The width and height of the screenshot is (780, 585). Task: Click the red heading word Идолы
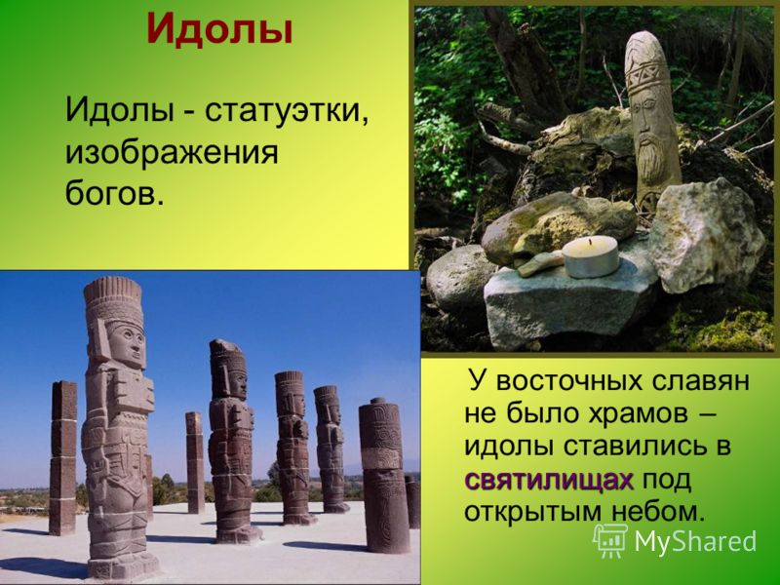click(x=219, y=30)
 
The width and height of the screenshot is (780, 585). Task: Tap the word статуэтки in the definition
click(x=288, y=111)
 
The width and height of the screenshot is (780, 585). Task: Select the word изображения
click(x=172, y=153)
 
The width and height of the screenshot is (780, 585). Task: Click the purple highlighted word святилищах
click(x=549, y=480)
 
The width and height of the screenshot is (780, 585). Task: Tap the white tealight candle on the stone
click(x=591, y=256)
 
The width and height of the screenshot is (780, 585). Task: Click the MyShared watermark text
click(x=695, y=541)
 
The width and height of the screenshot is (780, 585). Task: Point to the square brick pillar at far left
click(x=63, y=457)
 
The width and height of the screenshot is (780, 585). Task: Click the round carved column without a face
click(x=384, y=475)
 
